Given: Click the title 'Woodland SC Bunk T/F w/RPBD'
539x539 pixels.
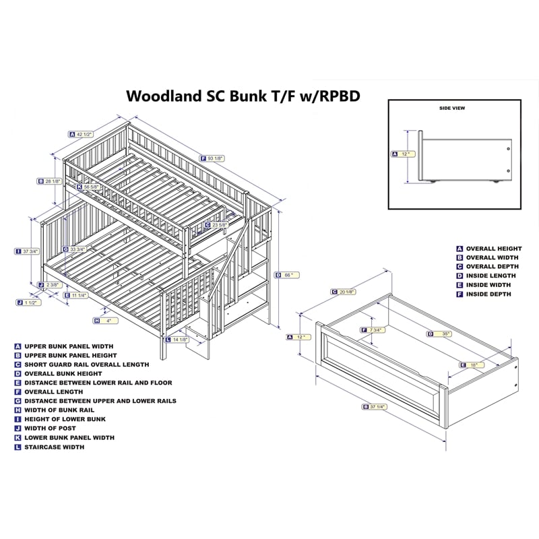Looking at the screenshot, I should pyautogui.click(x=243, y=96).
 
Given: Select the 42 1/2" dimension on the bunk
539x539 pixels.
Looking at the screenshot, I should pyautogui.click(x=84, y=134).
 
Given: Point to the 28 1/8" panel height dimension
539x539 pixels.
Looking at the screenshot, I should pyautogui.click(x=53, y=181).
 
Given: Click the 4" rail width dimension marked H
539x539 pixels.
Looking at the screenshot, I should pyautogui.click(x=106, y=320).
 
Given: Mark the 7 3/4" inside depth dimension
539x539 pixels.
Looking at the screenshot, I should pyautogui.click(x=375, y=330).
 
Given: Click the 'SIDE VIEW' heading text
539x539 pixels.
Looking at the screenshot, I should pyautogui.click(x=452, y=108).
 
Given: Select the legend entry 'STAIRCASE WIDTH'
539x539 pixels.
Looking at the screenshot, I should pyautogui.click(x=54, y=447).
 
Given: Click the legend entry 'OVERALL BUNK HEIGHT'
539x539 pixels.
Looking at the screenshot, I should pyautogui.click(x=63, y=373).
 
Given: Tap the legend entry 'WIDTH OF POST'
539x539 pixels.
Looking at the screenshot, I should pyautogui.click(x=50, y=428).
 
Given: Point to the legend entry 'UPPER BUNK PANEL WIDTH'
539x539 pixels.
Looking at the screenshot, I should pyautogui.click(x=69, y=346).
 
